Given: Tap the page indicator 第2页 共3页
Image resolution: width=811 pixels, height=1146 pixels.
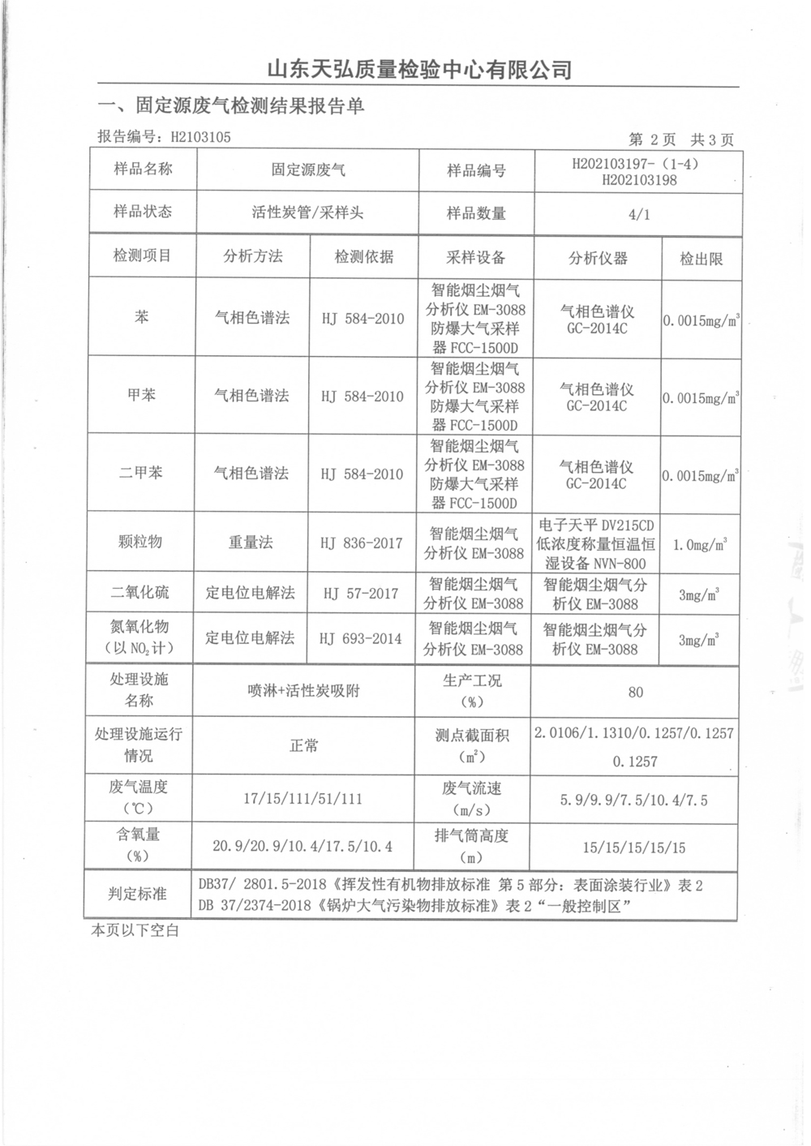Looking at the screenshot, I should point(681,139).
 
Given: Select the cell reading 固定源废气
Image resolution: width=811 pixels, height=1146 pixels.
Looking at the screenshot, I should point(308,170).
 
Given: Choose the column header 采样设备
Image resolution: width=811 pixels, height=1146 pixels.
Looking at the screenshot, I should point(475,258).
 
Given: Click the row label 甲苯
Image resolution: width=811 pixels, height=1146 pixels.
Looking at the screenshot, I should point(141,395).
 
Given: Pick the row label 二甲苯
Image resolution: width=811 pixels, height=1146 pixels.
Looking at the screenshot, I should point(141,473).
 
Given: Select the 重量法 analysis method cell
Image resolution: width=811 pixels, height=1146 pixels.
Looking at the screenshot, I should point(251,543).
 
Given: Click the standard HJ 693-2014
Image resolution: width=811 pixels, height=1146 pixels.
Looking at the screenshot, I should point(361,638).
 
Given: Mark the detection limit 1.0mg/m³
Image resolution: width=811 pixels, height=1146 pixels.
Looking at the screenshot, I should point(700,544).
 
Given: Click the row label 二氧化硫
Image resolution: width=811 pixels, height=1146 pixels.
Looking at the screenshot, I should point(140,593).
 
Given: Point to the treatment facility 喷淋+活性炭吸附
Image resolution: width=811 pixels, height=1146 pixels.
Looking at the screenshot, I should point(304,691).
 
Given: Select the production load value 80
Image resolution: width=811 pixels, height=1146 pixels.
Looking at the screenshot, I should point(636,692).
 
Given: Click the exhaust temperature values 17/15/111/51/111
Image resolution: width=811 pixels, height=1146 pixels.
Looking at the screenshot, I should point(303,799).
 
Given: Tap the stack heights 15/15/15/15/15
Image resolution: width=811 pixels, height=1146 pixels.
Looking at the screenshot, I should point(633,848).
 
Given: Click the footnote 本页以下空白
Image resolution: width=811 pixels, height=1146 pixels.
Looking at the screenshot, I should point(135,931).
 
